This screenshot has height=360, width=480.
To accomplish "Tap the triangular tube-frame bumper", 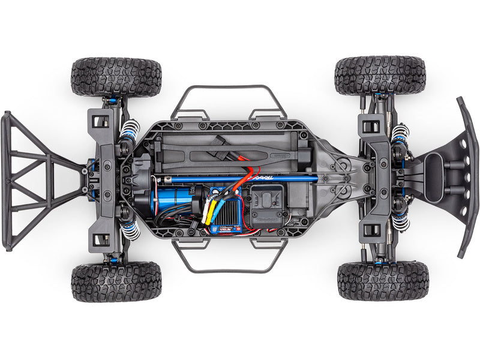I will click(x=36, y=180).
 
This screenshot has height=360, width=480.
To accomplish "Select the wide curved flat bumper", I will click(x=467, y=177).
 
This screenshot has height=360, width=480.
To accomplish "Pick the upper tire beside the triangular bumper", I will click(x=116, y=77).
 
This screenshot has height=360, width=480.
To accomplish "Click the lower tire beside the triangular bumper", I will click(x=116, y=281).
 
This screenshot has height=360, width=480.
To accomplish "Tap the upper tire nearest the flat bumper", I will click(x=380, y=76).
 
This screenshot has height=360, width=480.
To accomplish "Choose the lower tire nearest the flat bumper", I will click(x=383, y=280).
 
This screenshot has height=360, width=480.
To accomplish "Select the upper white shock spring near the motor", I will click(x=130, y=130).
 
